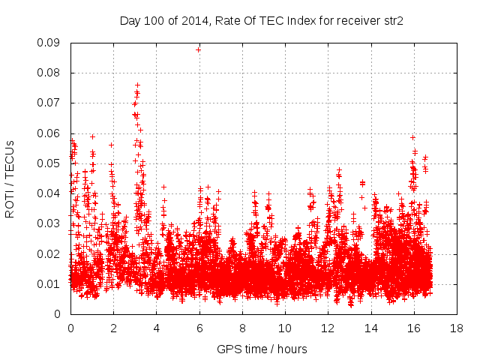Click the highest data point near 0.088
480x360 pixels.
point(199,49)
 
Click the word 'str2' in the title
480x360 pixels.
point(391,21)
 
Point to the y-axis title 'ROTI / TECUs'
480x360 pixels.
point(10,178)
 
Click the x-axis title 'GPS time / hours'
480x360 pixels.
point(262,349)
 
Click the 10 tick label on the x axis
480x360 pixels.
point(285,328)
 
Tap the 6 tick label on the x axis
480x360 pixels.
point(199,328)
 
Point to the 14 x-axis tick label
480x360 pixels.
point(371,328)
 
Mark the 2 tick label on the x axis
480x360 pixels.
point(113,328)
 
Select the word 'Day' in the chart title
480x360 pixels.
point(130,21)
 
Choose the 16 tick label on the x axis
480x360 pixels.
point(414,328)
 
